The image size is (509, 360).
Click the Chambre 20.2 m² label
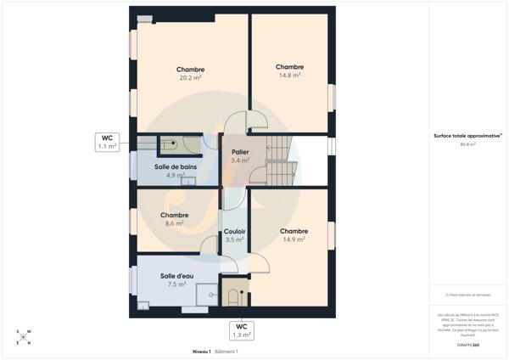pos(190,73)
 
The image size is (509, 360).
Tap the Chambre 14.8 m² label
pos(289,70)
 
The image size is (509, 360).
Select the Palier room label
pos(240,155)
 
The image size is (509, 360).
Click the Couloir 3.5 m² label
pos(234,235)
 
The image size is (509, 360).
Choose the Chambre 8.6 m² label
pos(174,219)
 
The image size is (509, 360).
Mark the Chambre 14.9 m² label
pos(294,235)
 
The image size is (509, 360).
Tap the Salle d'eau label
pos(176,280)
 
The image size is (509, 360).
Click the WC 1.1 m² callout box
pos(107,141)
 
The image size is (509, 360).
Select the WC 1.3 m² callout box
pos(242,330)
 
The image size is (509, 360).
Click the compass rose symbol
pos(24,337)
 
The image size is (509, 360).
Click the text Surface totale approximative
pos(467,135)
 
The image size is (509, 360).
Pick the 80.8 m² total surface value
pos(467,144)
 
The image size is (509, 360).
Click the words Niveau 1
pos(201,351)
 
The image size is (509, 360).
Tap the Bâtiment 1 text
pos(226,351)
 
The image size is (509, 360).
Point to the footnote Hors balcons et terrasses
pos(467,295)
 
